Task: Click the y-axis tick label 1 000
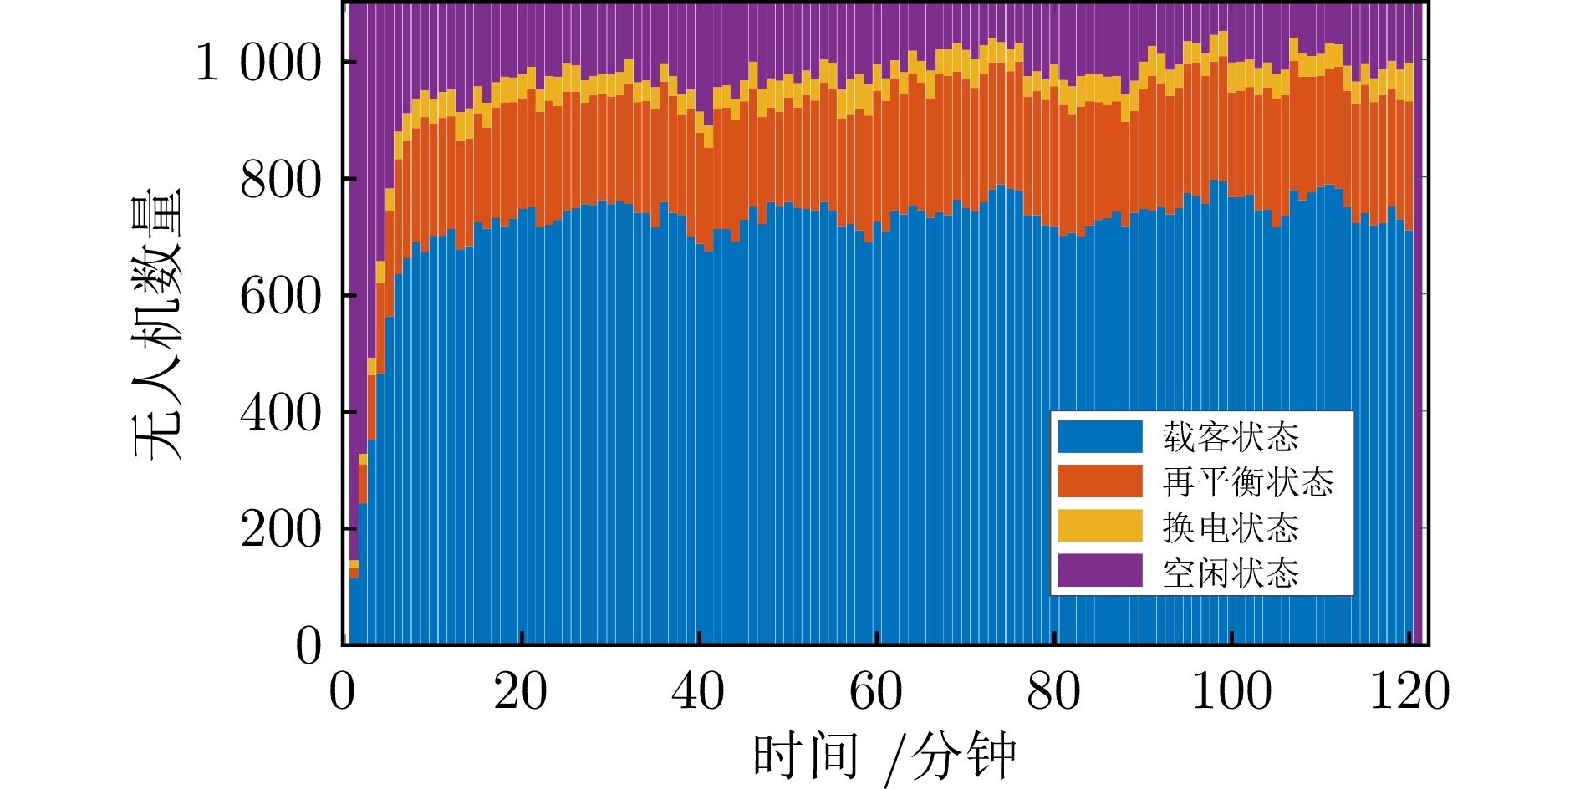coord(258,63)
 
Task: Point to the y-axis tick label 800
coord(280,180)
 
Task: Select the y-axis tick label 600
coord(280,296)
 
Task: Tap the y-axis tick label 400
coord(280,413)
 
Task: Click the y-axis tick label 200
coord(280,529)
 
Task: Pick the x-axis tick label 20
coord(520,692)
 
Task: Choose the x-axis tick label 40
coord(698,692)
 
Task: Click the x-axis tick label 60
coord(875,692)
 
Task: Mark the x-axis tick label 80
coord(1053,692)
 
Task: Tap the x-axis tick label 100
coord(1231,692)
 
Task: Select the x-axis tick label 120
coord(1409,692)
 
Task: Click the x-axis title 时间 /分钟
coord(884,757)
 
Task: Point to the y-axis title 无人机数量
coord(157,324)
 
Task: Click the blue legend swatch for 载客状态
coord(1099,436)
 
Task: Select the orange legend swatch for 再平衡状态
coord(1099,481)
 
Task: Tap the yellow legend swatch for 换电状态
coord(1099,527)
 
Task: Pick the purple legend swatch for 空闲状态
coord(1099,572)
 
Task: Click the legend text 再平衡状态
coord(1247,482)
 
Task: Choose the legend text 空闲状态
coord(1231,573)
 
